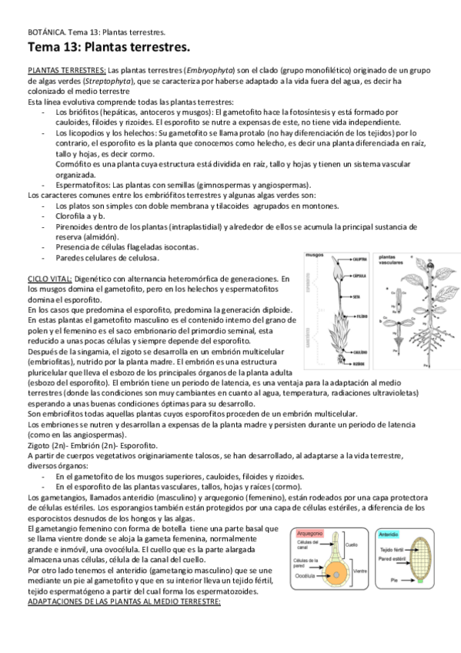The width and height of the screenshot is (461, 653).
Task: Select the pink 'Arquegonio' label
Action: pos(312,533)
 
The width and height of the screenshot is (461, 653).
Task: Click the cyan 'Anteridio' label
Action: pos(389,533)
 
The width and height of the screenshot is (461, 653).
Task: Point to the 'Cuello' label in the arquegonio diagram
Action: pos(352,544)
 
